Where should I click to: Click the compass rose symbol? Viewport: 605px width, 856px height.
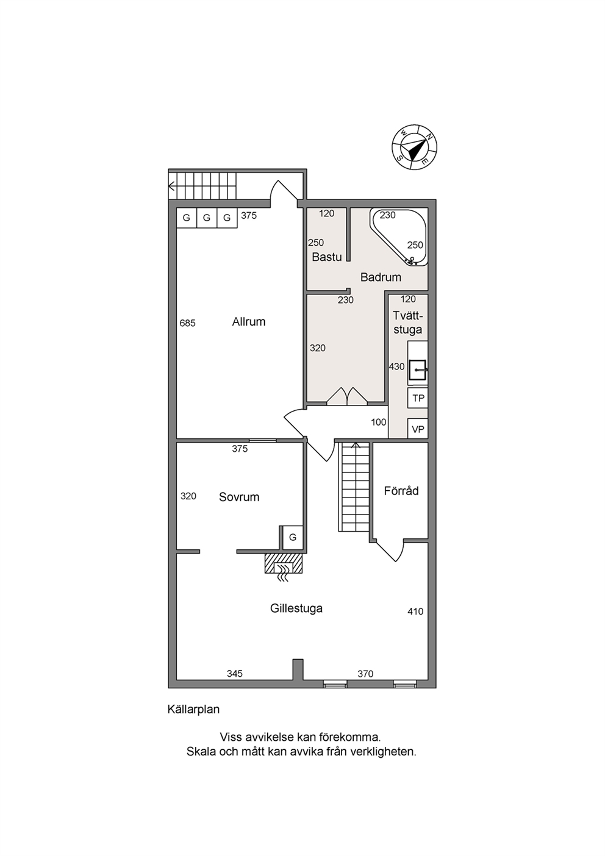point(415,147)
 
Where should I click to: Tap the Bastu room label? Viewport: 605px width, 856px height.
point(327,257)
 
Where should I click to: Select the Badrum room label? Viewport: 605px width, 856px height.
point(381,277)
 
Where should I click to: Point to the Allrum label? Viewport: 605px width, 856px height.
point(249,322)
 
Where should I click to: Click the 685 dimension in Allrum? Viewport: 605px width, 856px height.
point(187,323)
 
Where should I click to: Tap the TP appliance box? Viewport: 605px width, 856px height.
point(418,398)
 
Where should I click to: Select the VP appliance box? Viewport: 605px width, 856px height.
point(418,429)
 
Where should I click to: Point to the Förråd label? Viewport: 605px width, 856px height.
point(401,490)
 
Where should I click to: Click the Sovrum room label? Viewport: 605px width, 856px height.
point(239,497)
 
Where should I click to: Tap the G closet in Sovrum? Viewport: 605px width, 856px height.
point(292,537)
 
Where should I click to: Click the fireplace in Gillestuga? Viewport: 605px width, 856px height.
point(284,563)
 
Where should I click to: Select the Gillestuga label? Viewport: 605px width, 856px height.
point(296,608)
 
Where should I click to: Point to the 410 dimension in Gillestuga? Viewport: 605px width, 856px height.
point(415,612)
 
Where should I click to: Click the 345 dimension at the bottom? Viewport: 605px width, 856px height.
point(235,674)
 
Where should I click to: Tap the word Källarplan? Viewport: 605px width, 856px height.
point(194,709)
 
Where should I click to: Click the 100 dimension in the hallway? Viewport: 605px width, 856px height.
point(378,423)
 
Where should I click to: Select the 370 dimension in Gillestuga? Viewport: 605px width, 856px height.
point(365,674)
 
